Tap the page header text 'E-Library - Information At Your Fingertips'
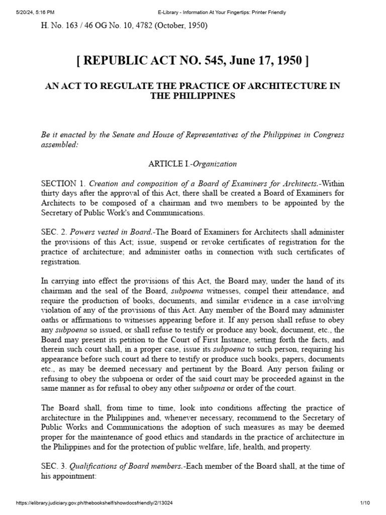coord(192,13)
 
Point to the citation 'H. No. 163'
coord(59,25)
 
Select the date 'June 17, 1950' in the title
coord(267,61)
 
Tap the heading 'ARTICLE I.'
coord(168,164)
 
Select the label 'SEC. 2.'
coord(53,232)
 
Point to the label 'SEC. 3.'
coord(53,466)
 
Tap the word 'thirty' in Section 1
coord(50,194)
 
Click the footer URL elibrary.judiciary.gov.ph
coord(88,503)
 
